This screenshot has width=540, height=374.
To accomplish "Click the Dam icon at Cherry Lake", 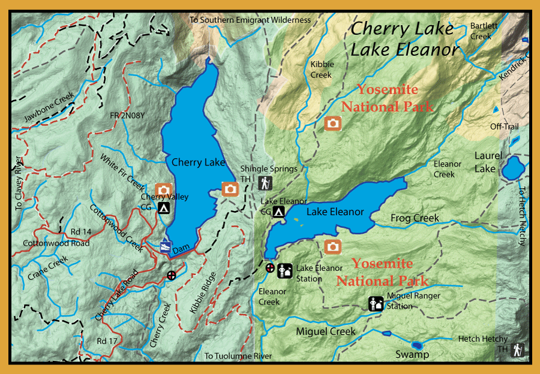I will click(x=165, y=246).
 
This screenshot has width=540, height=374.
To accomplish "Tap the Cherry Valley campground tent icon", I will click(x=163, y=208).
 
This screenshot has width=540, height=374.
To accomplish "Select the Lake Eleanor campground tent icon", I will click(x=278, y=212).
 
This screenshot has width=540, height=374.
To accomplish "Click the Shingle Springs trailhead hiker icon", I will click(x=265, y=182).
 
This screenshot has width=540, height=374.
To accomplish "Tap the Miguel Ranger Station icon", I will click(x=376, y=304).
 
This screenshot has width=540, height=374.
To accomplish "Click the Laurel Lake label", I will click(x=485, y=161).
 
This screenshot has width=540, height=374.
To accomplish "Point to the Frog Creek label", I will click(x=415, y=218).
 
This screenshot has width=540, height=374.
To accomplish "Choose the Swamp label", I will click(x=412, y=354).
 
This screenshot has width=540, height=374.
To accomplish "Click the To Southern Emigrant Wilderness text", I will click(x=250, y=20).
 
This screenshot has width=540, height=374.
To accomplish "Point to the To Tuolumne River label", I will click(x=238, y=356).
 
